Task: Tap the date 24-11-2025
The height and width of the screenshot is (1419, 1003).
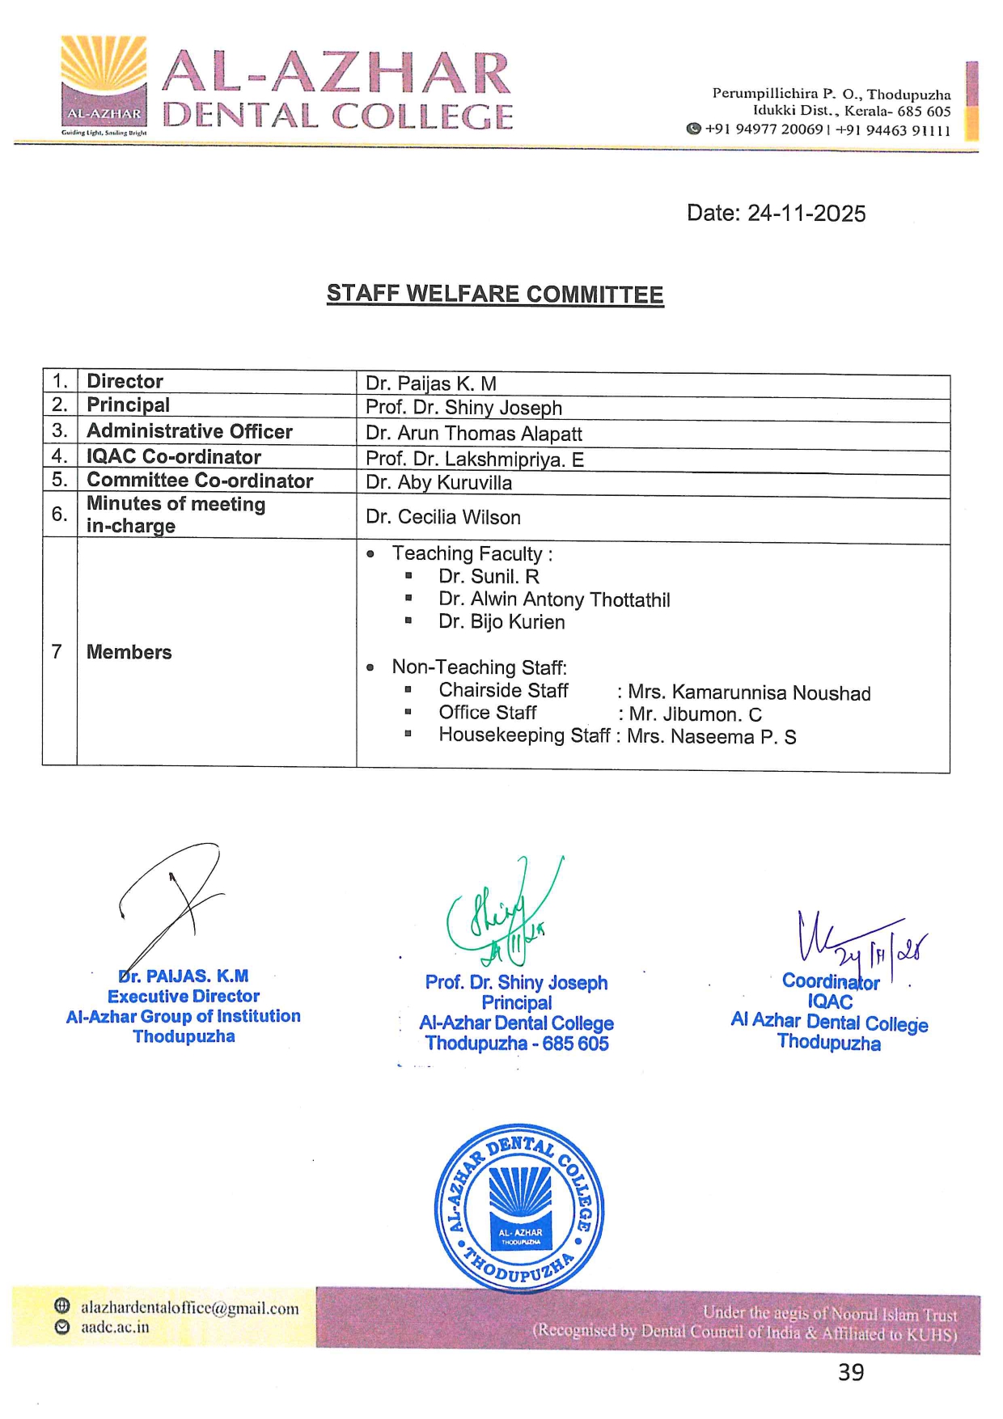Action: pyautogui.click(x=806, y=214)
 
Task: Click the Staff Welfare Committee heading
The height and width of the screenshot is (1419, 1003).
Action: pyautogui.click(x=495, y=294)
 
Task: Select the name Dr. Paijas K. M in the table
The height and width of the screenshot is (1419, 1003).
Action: pyautogui.click(x=431, y=383)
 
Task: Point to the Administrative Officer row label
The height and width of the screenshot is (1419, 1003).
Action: pyautogui.click(x=189, y=431)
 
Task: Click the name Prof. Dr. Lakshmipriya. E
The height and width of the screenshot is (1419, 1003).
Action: pyautogui.click(x=474, y=460)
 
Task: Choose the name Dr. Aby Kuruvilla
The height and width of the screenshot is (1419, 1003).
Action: pyautogui.click(x=438, y=483)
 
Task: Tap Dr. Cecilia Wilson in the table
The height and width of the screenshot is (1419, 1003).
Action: pyautogui.click(x=442, y=517)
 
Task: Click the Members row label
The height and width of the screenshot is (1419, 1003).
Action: pyautogui.click(x=129, y=652)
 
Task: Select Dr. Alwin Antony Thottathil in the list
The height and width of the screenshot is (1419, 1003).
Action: pyautogui.click(x=554, y=599)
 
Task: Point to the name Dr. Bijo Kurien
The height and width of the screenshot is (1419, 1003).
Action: pyautogui.click(x=501, y=622)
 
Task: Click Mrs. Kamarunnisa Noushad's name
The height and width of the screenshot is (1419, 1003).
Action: pyautogui.click(x=749, y=693)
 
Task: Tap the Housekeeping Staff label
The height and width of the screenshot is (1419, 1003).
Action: pyautogui.click(x=523, y=735)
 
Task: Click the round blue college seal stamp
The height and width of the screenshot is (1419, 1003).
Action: pyautogui.click(x=518, y=1208)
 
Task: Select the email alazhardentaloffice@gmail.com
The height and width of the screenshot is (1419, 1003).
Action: pyautogui.click(x=189, y=1308)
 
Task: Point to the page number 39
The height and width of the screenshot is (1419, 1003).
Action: pyautogui.click(x=851, y=1373)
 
